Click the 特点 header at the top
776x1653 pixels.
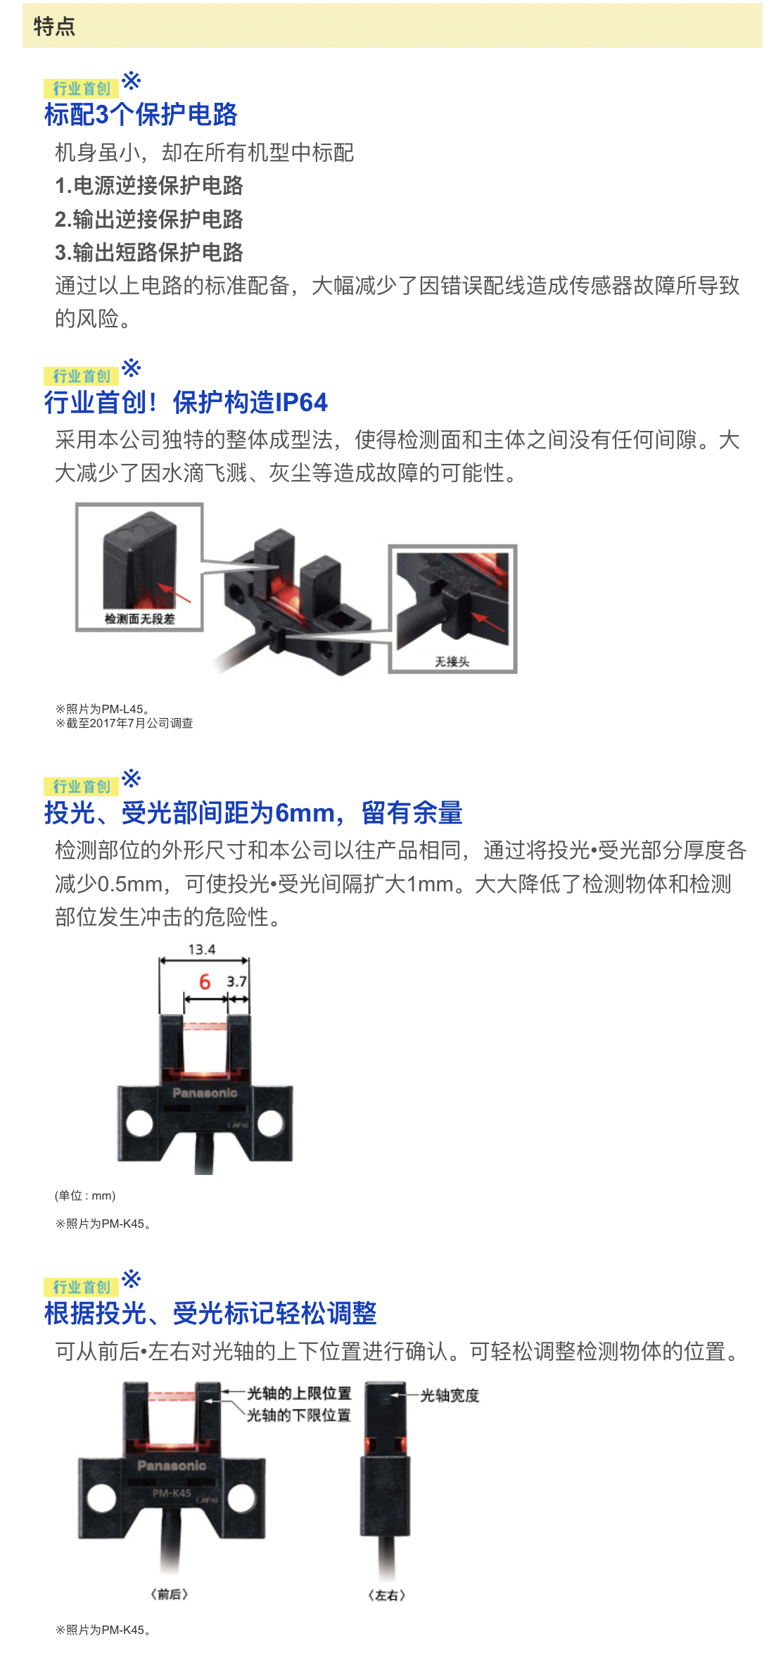point(54,26)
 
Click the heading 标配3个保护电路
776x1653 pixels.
point(141,114)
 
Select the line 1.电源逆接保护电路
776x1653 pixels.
point(149,186)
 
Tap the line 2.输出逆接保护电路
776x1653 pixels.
point(149,219)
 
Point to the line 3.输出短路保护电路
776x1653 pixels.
point(149,252)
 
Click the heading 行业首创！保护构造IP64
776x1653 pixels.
point(186,402)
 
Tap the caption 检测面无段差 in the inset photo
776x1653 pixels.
point(140,619)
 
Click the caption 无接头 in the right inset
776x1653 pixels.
point(452,662)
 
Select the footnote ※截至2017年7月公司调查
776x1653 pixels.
point(124,723)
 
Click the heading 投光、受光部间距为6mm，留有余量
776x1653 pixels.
point(253,812)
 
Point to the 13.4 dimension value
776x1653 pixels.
point(202,950)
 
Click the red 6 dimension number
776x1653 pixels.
point(205,981)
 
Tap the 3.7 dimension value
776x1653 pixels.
point(237,981)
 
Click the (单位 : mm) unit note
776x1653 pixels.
point(85,1195)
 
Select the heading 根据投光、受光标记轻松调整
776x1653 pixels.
point(210,1313)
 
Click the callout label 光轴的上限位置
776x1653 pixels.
point(299,1394)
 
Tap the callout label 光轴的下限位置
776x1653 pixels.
point(299,1415)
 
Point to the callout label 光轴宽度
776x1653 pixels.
point(450,1395)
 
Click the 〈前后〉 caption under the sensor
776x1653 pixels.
point(170,1594)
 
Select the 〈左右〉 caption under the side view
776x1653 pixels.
point(387,1595)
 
